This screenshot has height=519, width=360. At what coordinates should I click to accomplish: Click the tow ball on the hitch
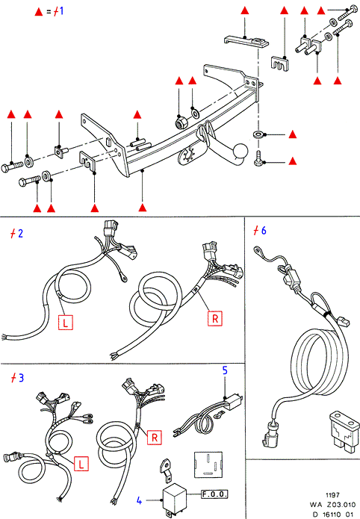pos(241,152)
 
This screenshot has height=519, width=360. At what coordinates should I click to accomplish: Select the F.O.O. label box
pos(214,494)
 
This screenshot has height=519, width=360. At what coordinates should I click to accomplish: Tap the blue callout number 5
pos(225,370)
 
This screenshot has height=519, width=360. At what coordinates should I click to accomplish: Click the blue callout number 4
pos(140,501)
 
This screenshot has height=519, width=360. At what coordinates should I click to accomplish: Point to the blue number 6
pos(264,231)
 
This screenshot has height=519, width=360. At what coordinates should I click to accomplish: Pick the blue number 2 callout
pos(20,234)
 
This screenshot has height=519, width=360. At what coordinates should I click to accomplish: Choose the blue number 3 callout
pos(21,378)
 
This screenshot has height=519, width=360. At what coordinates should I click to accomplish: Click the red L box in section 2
pos(66,323)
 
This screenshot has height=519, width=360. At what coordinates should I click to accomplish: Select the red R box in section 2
pos(215,318)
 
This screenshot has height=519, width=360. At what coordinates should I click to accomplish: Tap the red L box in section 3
pos(81,464)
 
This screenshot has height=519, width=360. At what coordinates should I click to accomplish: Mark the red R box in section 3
pos(155,438)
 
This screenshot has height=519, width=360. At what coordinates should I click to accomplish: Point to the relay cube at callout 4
pos(175,498)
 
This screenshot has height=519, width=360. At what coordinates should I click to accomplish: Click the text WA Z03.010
pos(332,505)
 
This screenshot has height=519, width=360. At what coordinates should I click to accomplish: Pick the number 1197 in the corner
pos(332,495)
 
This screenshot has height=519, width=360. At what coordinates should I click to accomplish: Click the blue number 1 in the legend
pos(61,11)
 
